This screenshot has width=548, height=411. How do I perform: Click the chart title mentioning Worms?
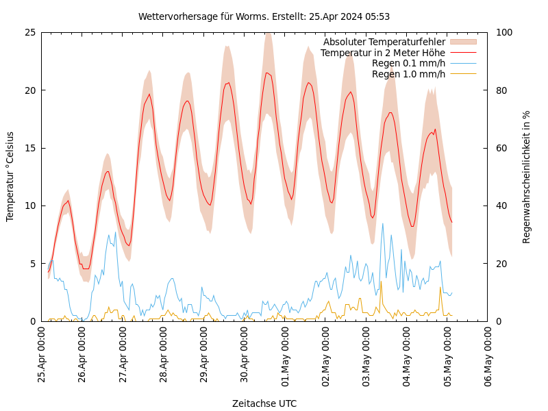click(264, 16)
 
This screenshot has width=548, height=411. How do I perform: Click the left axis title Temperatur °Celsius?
click(10, 177)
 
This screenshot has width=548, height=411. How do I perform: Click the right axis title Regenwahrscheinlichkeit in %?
click(527, 177)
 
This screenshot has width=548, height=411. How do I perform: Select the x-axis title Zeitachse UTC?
click(264, 403)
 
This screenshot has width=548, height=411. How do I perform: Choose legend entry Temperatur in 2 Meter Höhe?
click(382, 53)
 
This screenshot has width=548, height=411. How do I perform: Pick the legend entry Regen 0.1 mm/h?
click(408, 63)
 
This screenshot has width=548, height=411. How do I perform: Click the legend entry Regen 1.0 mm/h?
click(408, 74)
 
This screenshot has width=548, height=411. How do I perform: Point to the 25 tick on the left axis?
click(29, 32)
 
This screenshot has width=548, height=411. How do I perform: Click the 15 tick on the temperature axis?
click(29, 148)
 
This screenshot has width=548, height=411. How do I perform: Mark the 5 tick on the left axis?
click(32, 264)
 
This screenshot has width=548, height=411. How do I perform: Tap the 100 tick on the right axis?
click(504, 32)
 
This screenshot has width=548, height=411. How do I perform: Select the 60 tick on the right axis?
click(501, 148)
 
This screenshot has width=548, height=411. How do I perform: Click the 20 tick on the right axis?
click(501, 264)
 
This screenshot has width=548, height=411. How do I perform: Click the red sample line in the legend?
click(463, 53)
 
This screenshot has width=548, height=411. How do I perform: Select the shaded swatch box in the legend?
click(463, 42)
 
